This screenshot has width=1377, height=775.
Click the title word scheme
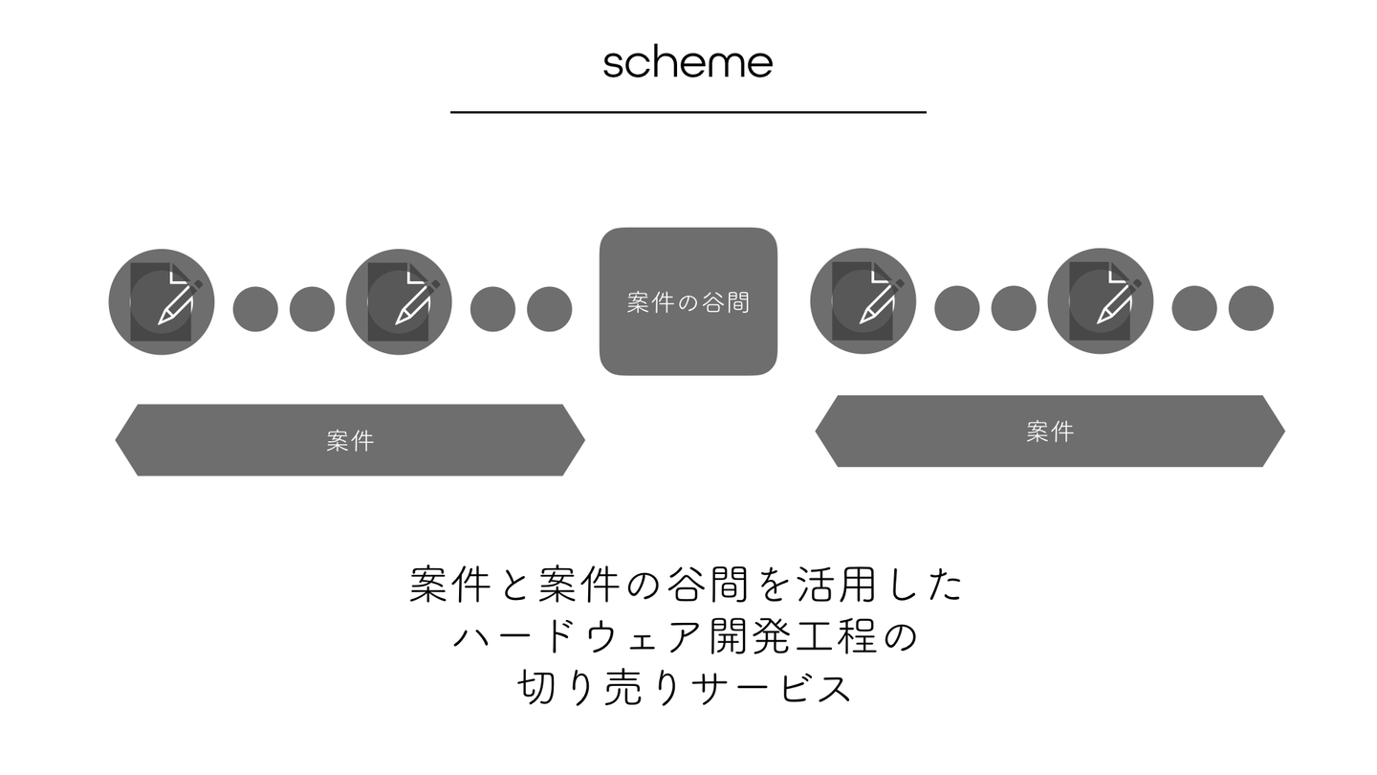688,63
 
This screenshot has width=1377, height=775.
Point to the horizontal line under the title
688,112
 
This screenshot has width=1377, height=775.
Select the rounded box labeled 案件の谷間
688,301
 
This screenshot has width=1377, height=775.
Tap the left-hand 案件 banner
349,440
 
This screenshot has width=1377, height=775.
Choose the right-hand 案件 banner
1050,432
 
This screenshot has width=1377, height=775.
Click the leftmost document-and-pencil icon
162,301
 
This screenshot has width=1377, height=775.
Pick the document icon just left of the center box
399,301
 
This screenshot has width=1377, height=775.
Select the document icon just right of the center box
863,301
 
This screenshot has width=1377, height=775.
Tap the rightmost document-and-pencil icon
1100,301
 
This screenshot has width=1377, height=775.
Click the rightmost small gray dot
1251,309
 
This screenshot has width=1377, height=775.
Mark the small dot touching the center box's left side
549,309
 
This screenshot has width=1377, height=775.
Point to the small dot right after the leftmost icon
255,309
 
